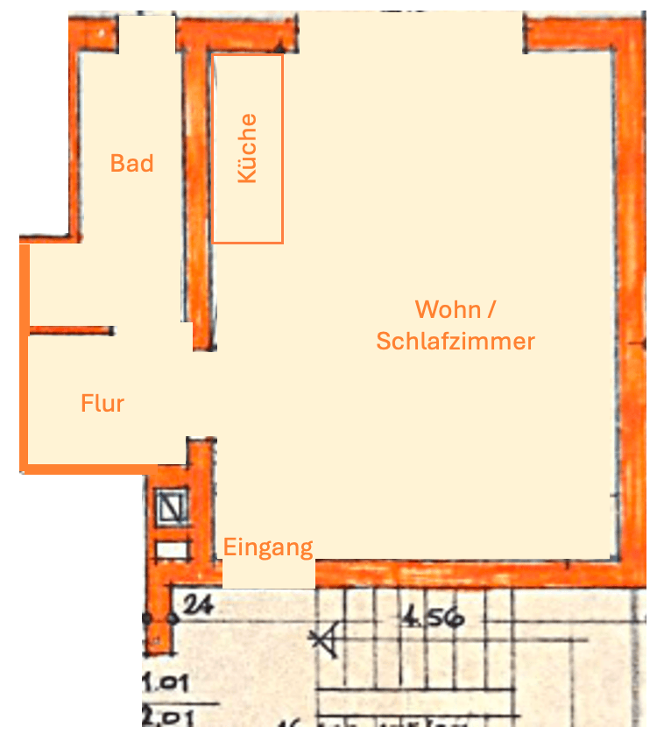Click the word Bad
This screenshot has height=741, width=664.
tap(131, 164)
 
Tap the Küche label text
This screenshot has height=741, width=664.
tap(248, 148)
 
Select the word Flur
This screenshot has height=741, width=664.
tap(102, 404)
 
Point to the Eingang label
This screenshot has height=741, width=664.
tap(268, 548)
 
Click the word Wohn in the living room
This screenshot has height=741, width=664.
tap(448, 310)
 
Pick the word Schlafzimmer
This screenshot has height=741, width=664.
tap(456, 342)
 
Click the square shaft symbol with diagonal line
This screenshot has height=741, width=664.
tap(171, 505)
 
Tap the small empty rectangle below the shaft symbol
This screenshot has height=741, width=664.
tap(172, 550)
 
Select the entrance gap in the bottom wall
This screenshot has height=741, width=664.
tap(268, 574)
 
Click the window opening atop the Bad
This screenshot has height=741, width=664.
tap(146, 33)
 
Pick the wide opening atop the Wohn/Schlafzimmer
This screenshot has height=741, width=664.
tap(412, 32)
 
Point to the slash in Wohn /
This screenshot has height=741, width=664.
tap(492, 310)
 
